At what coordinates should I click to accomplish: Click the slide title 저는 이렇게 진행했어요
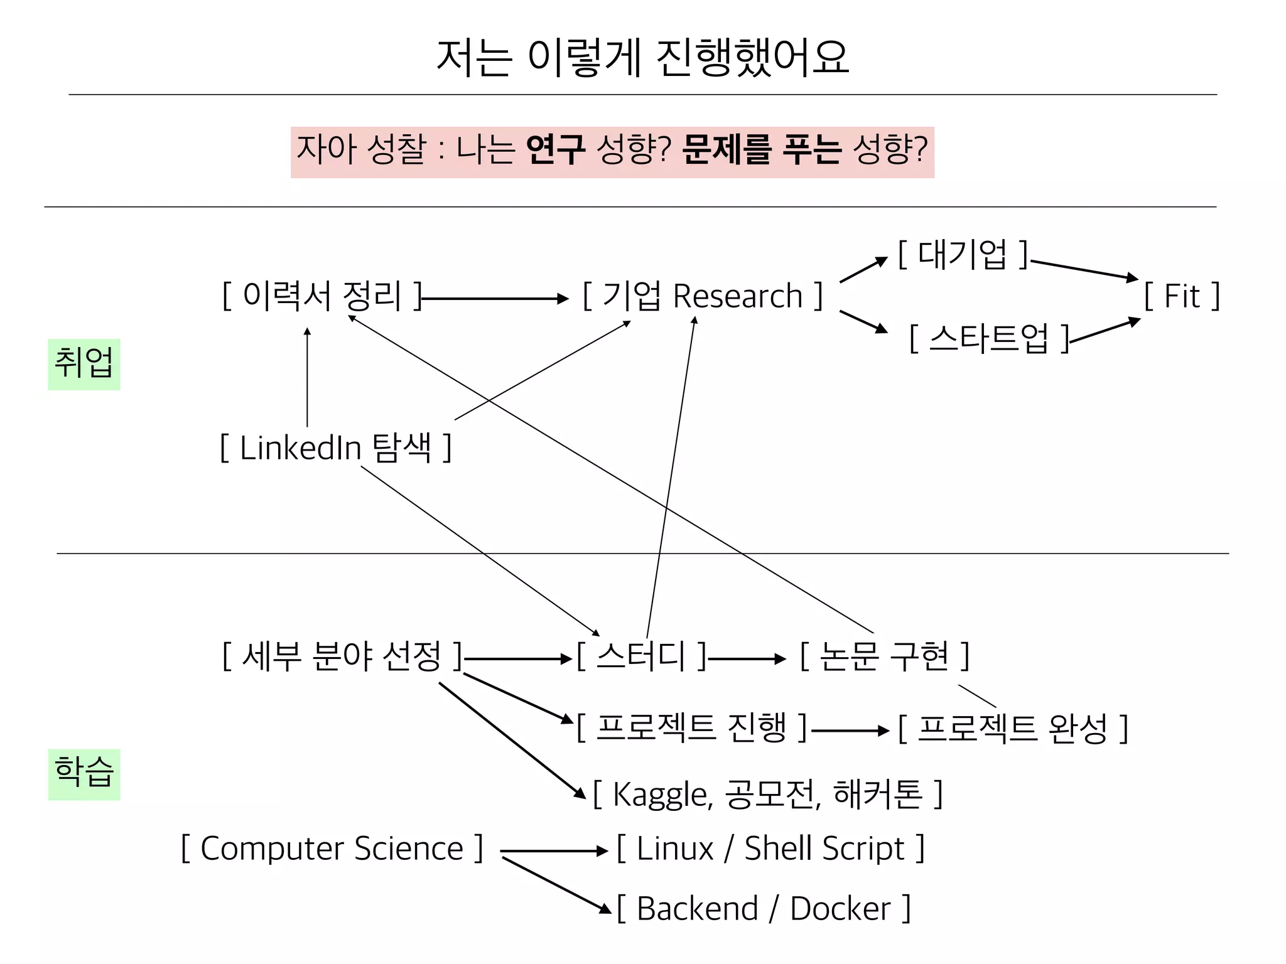(x=642, y=57)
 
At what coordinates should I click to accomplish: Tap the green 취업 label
(x=84, y=365)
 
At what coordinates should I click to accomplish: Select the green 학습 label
(x=84, y=774)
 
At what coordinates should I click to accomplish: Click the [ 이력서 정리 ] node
(x=321, y=296)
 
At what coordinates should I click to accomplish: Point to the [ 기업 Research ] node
(x=702, y=296)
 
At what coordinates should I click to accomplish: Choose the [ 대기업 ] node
(x=963, y=254)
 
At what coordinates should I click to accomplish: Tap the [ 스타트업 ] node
(x=989, y=338)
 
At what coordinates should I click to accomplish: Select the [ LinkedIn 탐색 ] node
(x=335, y=447)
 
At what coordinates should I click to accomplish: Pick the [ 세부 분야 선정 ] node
(x=342, y=656)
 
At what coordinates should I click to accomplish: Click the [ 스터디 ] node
(x=641, y=656)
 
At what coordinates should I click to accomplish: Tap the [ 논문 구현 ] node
(x=884, y=656)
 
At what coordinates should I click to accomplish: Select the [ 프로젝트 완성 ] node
(x=1013, y=728)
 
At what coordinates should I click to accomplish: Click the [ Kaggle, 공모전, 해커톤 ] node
(x=767, y=794)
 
